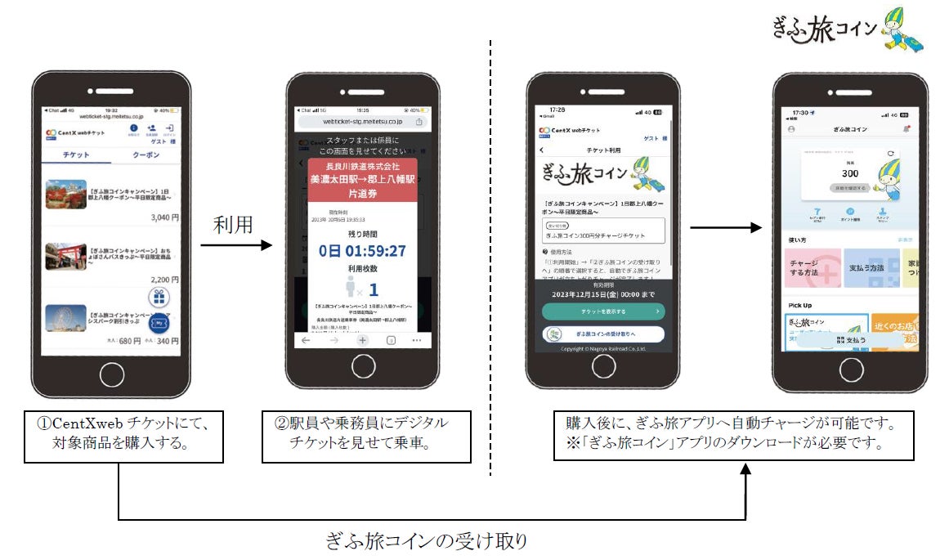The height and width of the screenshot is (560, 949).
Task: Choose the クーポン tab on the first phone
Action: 145,155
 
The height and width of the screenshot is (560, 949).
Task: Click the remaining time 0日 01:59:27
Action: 362,250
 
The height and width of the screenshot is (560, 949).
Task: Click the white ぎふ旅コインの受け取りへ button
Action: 603,334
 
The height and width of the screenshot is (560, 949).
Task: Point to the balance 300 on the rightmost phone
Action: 849,173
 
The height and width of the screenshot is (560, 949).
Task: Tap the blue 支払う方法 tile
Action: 871,269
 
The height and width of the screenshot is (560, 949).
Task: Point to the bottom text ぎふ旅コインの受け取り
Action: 427,540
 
